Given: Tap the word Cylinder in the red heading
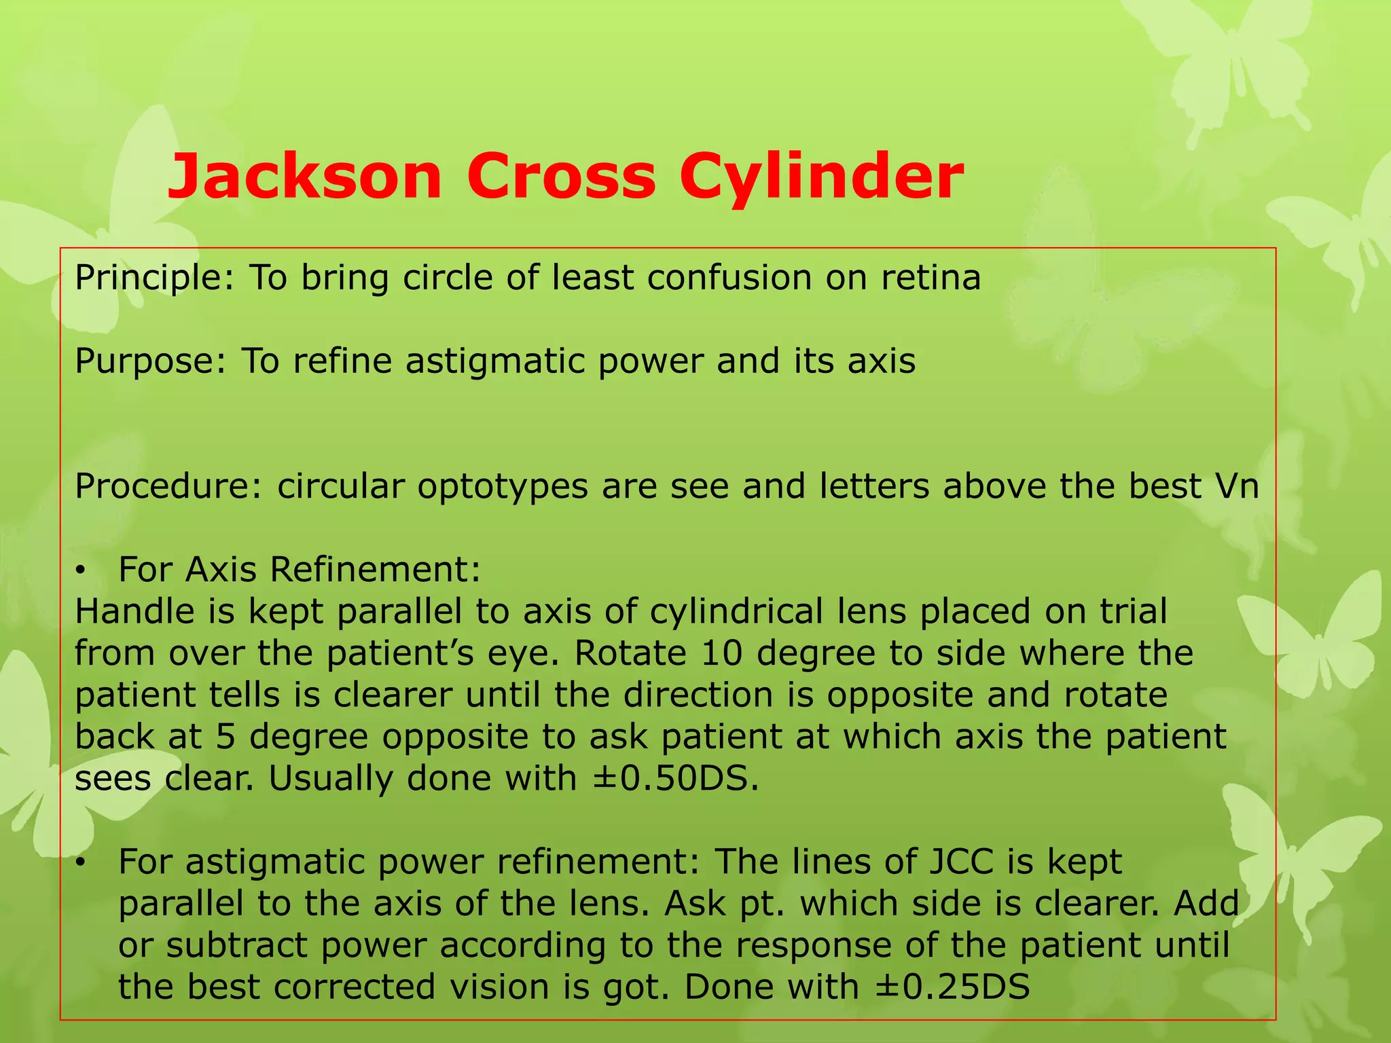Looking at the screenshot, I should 821,178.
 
